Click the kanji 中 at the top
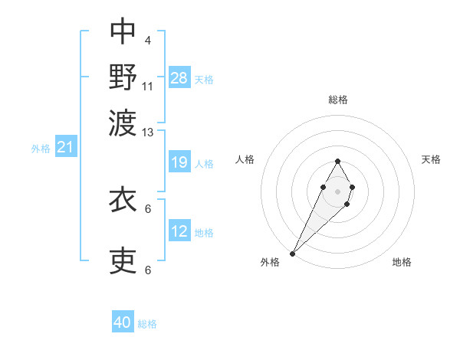pos(123,31)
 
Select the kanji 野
pos(123,76)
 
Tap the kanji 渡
pos(123,123)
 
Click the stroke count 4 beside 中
pos(147,40)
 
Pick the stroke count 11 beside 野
pos(148,86)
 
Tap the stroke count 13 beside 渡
pos(148,133)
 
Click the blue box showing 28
pos(179,77)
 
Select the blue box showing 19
pos(179,162)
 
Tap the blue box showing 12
pos(179,231)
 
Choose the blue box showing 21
pos(65,148)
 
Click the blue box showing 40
pos(123,322)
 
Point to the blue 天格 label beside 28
pos(204,80)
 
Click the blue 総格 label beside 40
pos(147,324)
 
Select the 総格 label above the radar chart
pos(337,100)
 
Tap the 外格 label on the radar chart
pos(270,263)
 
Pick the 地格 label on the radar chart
pos(402,263)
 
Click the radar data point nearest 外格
pos(293,253)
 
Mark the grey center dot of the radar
pos(337,190)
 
